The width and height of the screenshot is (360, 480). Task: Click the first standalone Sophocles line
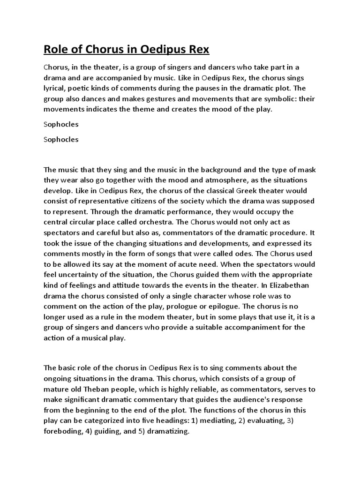pyautogui.click(x=61, y=125)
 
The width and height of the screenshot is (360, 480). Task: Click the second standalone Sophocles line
pyautogui.click(x=61, y=139)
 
